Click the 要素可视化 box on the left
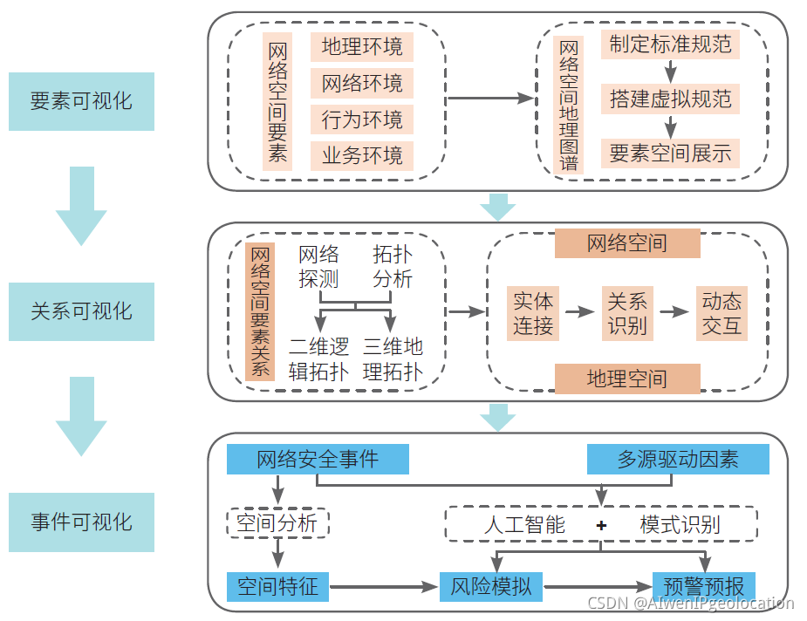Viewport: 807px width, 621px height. pyautogui.click(x=81, y=101)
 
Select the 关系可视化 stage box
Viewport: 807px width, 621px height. pyautogui.click(x=81, y=311)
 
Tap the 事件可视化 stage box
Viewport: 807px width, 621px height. pyautogui.click(x=81, y=522)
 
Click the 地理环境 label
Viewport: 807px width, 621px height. pyautogui.click(x=362, y=46)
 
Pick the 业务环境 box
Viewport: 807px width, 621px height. pyautogui.click(x=362, y=156)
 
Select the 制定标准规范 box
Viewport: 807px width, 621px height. pyautogui.click(x=670, y=44)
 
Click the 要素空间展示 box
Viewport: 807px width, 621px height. pyautogui.click(x=670, y=154)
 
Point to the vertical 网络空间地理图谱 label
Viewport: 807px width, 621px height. pyautogui.click(x=569, y=104)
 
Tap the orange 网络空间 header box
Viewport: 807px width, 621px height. pyautogui.click(x=627, y=243)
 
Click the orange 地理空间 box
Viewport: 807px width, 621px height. pyautogui.click(x=627, y=379)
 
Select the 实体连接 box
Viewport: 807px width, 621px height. pyautogui.click(x=533, y=313)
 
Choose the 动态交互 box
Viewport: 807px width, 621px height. pyautogui.click(x=722, y=313)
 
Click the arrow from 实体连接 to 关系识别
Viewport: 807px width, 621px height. pyautogui.click(x=578, y=311)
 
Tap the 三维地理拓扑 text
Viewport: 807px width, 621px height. pyautogui.click(x=393, y=359)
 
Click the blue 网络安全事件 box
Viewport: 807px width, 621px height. pyautogui.click(x=318, y=460)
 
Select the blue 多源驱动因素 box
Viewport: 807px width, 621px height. pyautogui.click(x=678, y=460)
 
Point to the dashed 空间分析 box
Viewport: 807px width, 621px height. pyautogui.click(x=278, y=524)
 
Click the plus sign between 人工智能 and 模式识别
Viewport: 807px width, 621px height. pyautogui.click(x=601, y=525)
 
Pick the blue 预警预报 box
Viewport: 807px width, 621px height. pyautogui.click(x=704, y=586)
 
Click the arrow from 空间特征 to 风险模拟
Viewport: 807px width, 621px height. pyautogui.click(x=384, y=587)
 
